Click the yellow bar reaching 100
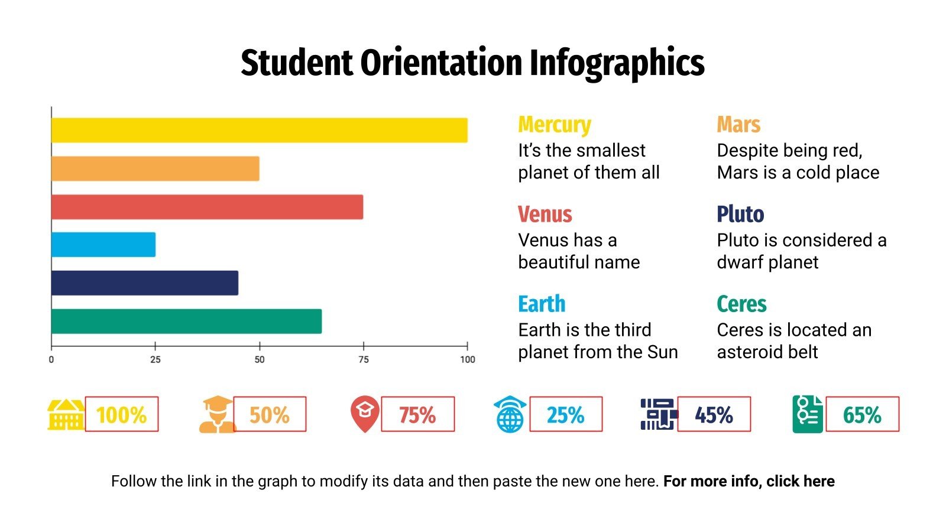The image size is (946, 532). (259, 130)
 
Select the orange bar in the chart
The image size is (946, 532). (155, 168)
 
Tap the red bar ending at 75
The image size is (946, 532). (207, 207)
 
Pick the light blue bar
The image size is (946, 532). (103, 245)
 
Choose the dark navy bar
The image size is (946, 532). (145, 283)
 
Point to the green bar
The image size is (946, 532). (186, 321)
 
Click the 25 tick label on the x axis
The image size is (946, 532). (155, 359)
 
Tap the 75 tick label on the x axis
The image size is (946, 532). (364, 359)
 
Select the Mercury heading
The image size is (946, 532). (555, 125)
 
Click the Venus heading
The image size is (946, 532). (545, 214)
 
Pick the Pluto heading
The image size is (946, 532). (740, 214)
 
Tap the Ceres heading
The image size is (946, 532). (741, 304)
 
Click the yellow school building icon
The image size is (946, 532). (66, 414)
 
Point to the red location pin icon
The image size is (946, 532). (365, 414)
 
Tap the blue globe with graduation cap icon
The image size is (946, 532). (510, 414)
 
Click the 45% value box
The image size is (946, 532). (714, 414)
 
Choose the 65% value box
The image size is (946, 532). (862, 414)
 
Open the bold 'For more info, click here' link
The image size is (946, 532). (749, 481)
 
